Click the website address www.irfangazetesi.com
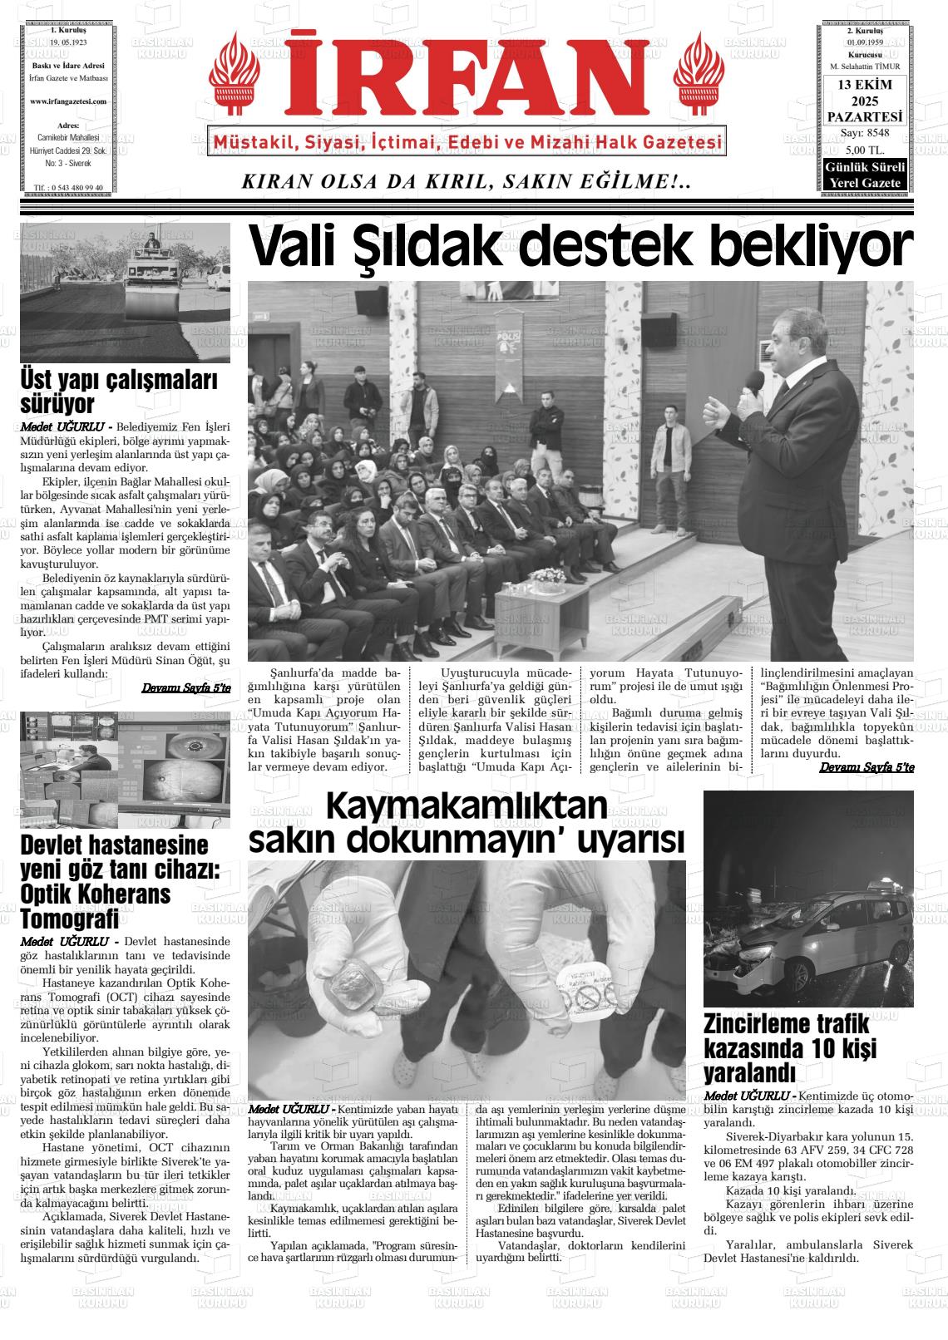click(68, 101)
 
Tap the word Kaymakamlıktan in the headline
click(467, 806)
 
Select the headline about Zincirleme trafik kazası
click(790, 1047)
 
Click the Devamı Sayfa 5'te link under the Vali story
click(866, 767)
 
